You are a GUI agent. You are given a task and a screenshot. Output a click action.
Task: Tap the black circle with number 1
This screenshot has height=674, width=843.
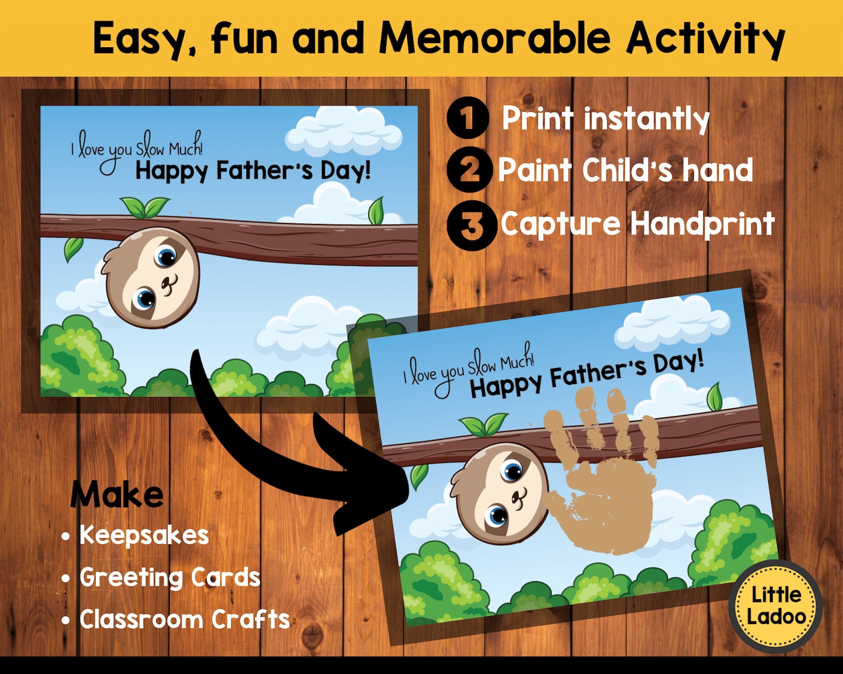[x=467, y=118]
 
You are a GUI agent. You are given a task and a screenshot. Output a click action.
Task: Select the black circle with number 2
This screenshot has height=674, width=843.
[x=469, y=170]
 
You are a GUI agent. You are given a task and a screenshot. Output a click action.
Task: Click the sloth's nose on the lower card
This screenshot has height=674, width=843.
[x=518, y=498]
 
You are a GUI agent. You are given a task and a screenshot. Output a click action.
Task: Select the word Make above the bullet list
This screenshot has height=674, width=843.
[x=117, y=495]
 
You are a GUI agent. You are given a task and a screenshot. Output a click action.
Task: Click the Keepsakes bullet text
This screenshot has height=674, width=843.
[x=144, y=535]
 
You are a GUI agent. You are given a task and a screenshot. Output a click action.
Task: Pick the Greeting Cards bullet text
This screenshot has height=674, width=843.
[x=170, y=577]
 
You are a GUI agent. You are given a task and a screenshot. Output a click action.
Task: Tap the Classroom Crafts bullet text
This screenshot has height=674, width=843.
[x=185, y=619]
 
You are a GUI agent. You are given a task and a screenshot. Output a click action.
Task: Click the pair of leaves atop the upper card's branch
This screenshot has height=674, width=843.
[x=144, y=207]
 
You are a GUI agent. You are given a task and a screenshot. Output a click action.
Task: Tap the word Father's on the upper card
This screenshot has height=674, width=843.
[x=264, y=171]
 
